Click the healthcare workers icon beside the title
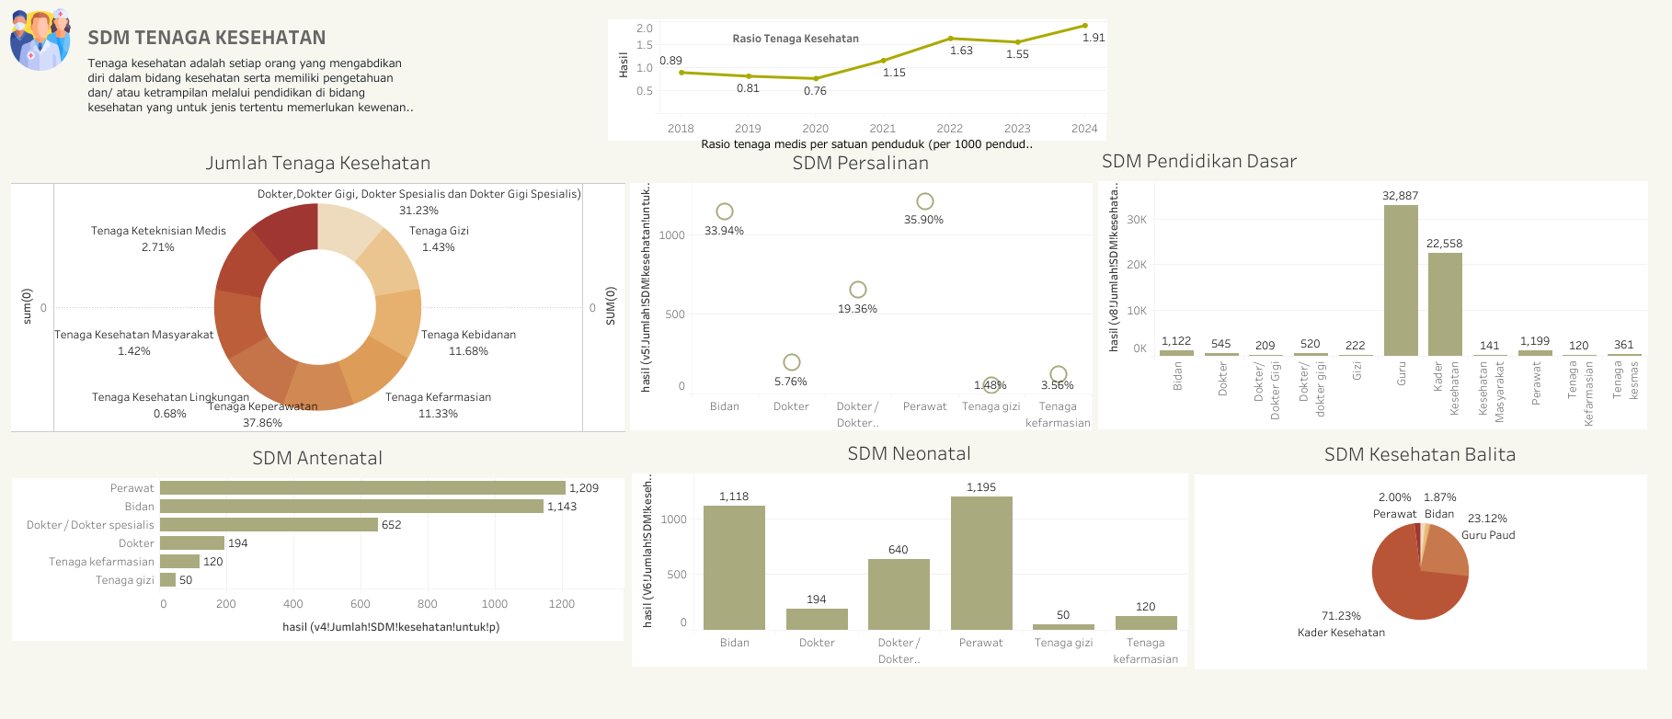pyautogui.click(x=40, y=40)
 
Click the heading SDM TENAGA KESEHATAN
pyautogui.click(x=207, y=38)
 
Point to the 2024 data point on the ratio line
pyautogui.click(x=1084, y=26)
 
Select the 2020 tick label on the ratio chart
pyautogui.click(x=815, y=129)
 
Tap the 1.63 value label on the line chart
pyautogui.click(x=961, y=51)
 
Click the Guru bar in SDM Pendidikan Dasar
pyautogui.click(x=1401, y=280)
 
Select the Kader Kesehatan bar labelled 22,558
pyautogui.click(x=1445, y=303)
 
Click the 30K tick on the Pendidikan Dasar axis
pyautogui.click(x=1137, y=220)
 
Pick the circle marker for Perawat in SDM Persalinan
pyautogui.click(x=925, y=201)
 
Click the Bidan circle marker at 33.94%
pyautogui.click(x=725, y=211)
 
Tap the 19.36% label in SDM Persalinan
pyautogui.click(x=857, y=309)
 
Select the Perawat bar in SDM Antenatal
pyautogui.click(x=362, y=488)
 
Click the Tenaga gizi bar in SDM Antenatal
pyautogui.click(x=167, y=580)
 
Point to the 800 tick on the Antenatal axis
pyautogui.click(x=428, y=604)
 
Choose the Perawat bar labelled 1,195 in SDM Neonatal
pyautogui.click(x=981, y=563)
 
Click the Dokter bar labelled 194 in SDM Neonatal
pyautogui.click(x=817, y=619)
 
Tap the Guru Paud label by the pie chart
pyautogui.click(x=1488, y=535)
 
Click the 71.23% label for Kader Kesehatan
pyautogui.click(x=1341, y=616)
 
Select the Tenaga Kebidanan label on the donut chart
pyautogui.click(x=468, y=335)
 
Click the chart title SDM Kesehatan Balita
pyautogui.click(x=1419, y=454)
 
